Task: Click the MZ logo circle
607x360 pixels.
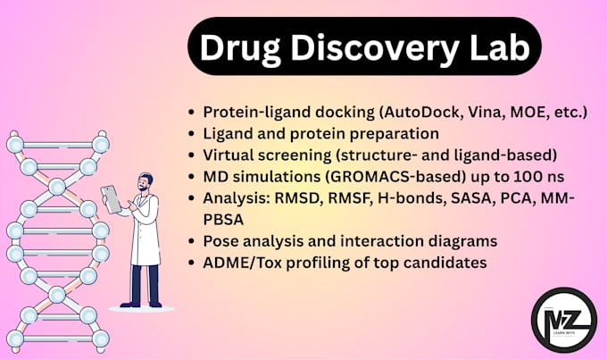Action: (561, 317)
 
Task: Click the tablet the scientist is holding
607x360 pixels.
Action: (112, 199)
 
